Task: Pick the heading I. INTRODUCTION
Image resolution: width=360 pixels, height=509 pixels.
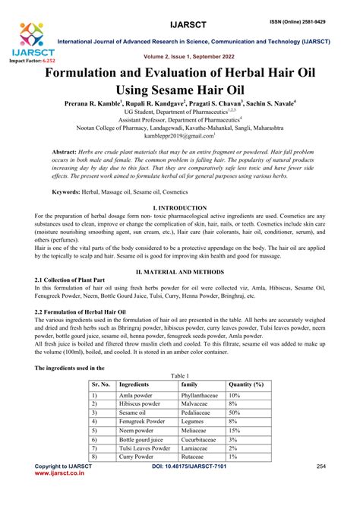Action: click(180, 207)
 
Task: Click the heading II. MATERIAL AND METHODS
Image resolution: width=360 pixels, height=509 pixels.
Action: click(180, 271)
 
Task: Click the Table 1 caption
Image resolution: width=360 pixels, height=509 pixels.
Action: click(180, 377)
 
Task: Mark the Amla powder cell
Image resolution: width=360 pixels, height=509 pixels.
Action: click(137, 396)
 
